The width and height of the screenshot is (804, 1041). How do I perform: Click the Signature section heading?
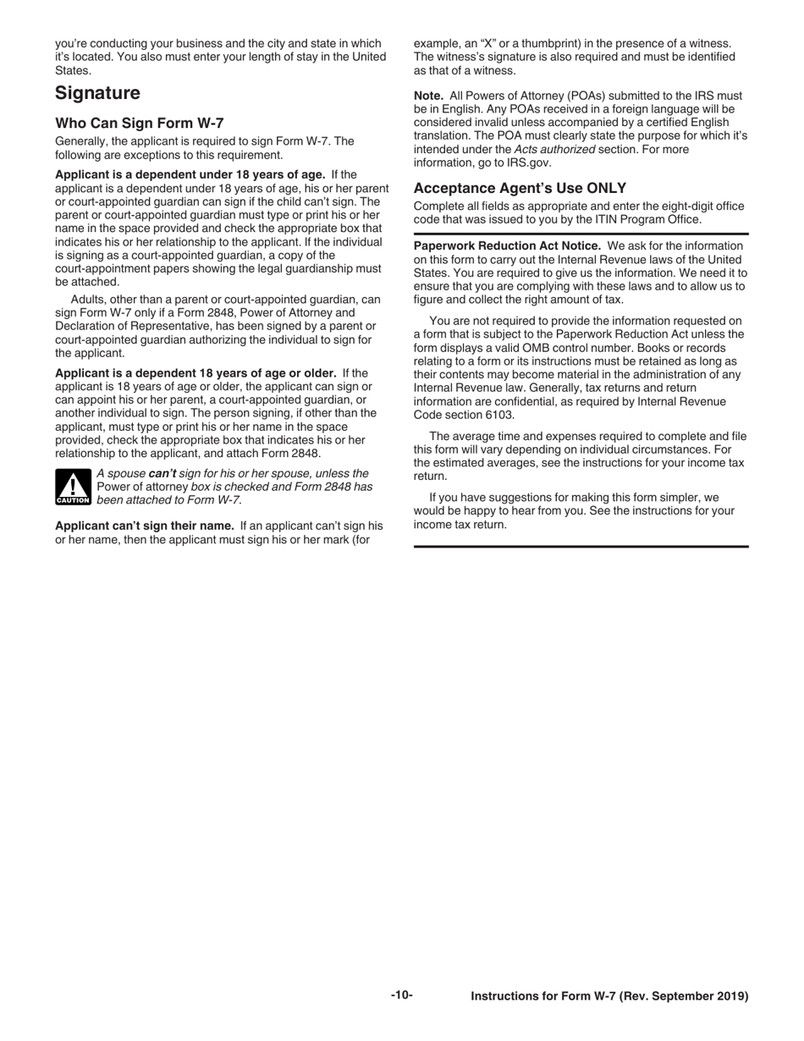coord(97,93)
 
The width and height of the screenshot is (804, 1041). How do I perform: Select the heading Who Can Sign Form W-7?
coord(140,123)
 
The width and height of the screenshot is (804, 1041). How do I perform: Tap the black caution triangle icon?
coord(73,487)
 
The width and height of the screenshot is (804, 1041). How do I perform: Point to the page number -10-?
coord(402,995)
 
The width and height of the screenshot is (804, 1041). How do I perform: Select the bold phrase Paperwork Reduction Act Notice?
coord(507,245)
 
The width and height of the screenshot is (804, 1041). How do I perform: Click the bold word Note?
coord(428,96)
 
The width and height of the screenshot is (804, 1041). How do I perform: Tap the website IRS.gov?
coord(529,162)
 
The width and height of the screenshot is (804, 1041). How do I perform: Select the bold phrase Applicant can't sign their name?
coord(145,526)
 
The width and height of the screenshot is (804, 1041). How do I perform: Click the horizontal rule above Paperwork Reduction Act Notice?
coord(581,234)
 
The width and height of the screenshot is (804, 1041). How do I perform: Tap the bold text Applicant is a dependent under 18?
coord(190,173)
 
